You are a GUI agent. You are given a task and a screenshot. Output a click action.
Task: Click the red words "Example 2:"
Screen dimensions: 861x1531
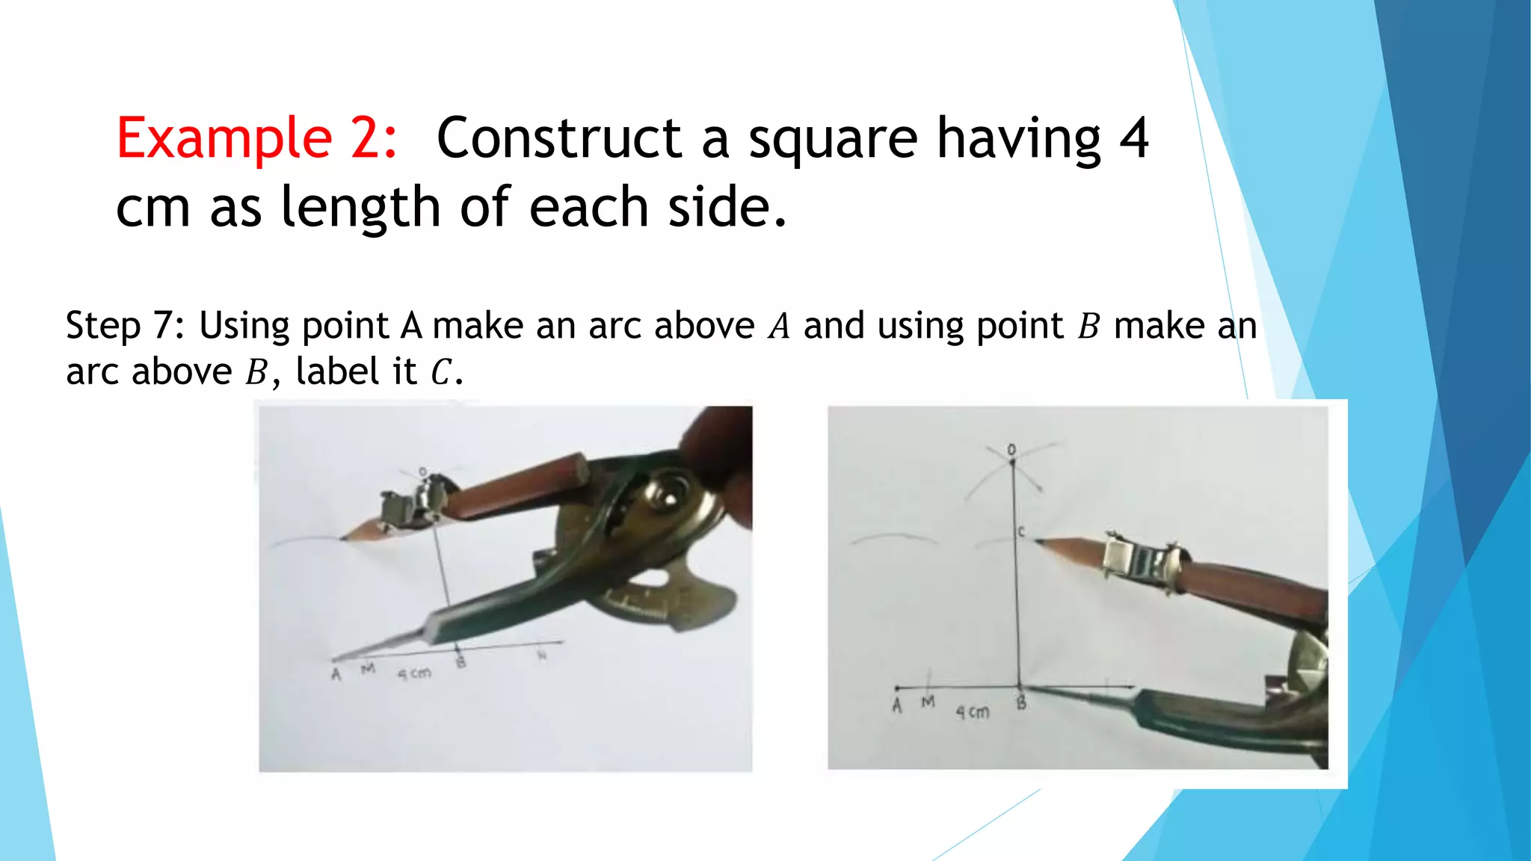point(256,138)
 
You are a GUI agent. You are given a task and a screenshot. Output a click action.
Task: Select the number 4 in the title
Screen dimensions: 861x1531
point(1133,138)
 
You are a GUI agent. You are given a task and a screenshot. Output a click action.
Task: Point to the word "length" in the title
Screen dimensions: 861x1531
point(360,208)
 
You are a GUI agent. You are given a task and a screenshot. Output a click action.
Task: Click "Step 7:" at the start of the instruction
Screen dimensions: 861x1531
point(125,326)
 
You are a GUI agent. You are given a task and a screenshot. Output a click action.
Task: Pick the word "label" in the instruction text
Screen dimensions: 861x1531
point(337,371)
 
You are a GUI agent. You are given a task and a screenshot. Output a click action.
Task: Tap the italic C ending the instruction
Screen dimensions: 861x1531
point(441,372)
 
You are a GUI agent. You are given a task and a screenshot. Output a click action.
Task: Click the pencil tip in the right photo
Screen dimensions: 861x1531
point(1038,540)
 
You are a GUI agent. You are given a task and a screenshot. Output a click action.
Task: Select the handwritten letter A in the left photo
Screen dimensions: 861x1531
point(336,675)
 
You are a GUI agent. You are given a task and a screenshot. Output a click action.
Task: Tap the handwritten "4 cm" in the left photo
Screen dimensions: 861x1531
point(413,673)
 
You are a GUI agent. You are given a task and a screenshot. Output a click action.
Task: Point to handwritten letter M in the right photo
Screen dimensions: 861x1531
point(928,702)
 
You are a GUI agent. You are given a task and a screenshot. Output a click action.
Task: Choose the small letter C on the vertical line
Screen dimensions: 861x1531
point(1021,531)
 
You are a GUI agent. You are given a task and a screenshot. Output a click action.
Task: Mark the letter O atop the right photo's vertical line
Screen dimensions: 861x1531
point(1011,450)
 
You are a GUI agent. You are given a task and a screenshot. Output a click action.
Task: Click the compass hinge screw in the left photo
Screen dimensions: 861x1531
point(662,493)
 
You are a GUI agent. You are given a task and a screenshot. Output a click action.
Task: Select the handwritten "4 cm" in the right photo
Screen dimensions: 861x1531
point(972,712)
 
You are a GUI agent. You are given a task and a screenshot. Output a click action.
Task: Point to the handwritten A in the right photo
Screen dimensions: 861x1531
point(897,705)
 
